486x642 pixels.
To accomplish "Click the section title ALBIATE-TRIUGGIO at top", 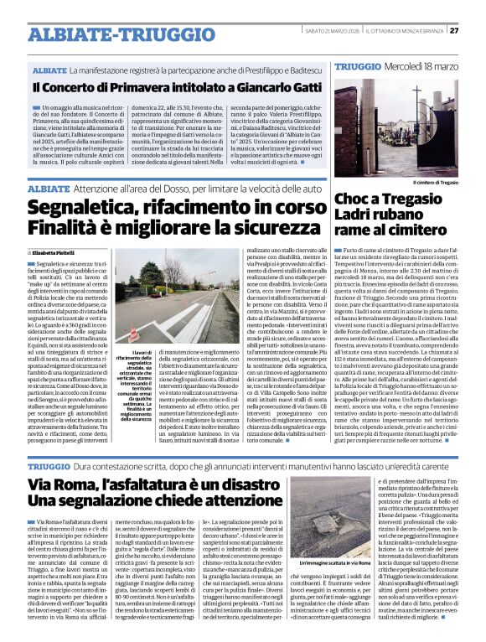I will [110, 34].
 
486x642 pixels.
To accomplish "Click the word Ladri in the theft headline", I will [359, 216].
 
